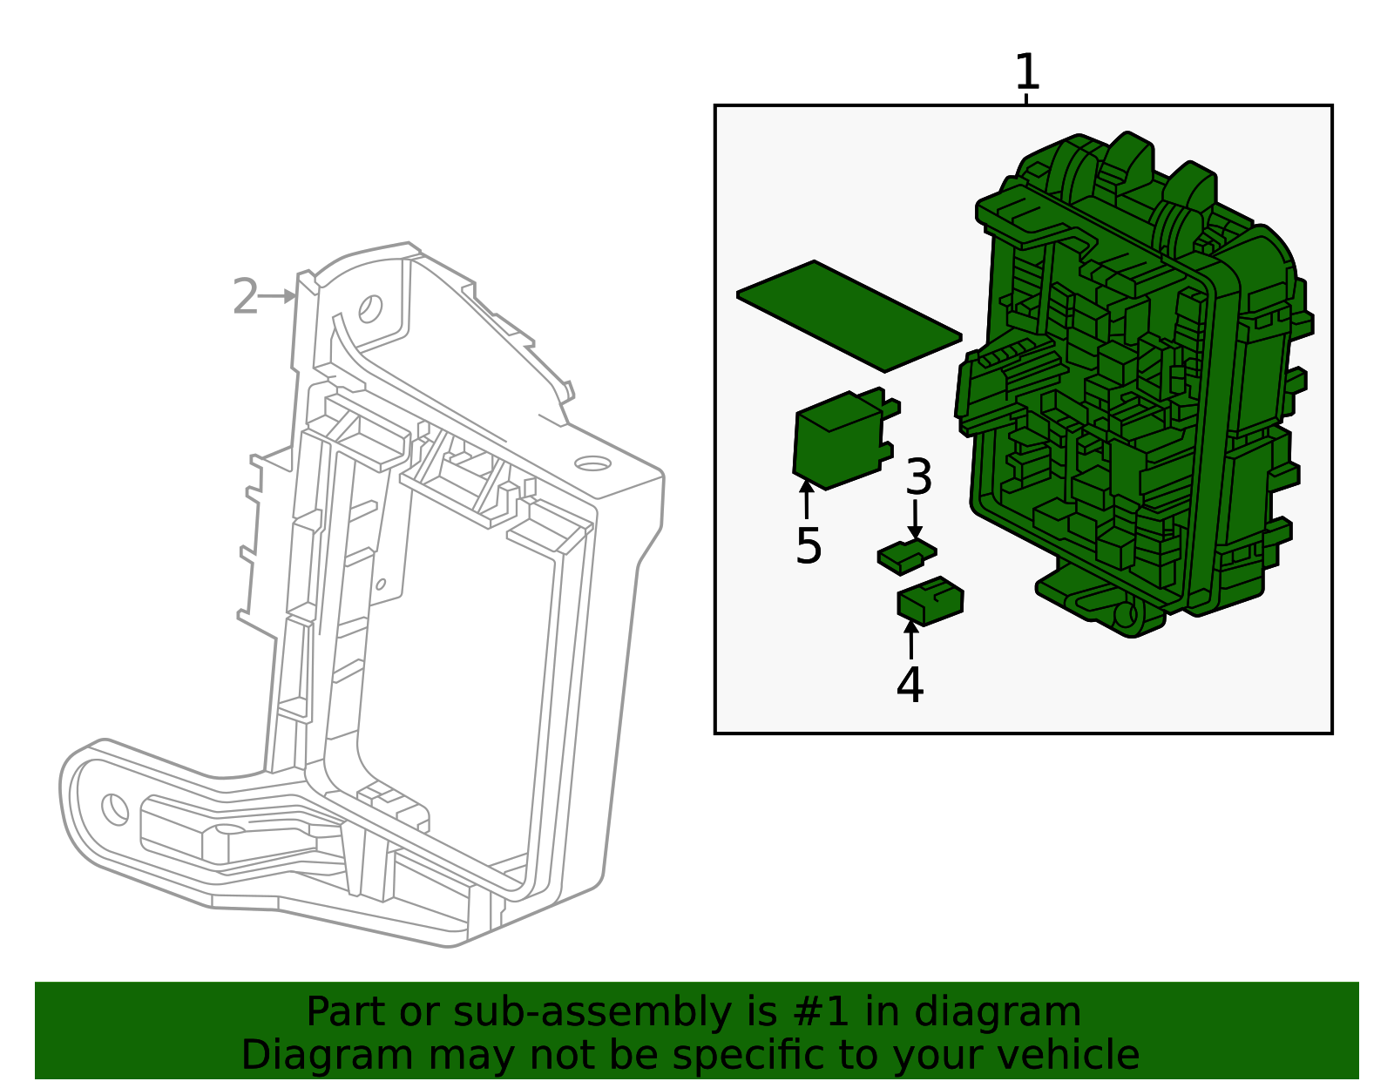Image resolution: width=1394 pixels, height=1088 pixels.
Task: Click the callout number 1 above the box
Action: tap(1027, 73)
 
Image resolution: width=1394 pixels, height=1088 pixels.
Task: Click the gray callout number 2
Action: tap(246, 298)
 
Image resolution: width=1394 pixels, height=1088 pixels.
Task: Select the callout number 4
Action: tap(910, 685)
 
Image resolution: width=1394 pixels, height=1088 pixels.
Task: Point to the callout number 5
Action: tap(809, 546)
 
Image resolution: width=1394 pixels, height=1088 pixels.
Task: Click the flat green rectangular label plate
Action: tap(849, 315)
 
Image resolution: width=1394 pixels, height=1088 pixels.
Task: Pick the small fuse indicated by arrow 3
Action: tap(905, 555)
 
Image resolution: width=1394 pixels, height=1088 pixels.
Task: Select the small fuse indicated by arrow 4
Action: tap(930, 602)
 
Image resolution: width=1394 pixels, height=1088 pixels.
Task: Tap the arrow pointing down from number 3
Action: tap(915, 520)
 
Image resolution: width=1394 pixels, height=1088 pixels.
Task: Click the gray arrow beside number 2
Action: tap(279, 296)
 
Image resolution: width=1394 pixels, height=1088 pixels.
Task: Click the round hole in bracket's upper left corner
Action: tap(370, 308)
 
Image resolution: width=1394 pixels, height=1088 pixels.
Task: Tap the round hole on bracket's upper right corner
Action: tap(592, 463)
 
